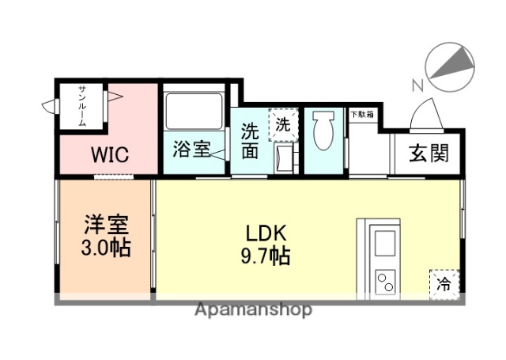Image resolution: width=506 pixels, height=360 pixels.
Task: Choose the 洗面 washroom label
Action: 251,140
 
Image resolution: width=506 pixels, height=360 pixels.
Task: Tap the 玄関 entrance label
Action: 428,152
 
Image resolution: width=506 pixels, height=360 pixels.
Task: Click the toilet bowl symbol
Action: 323,131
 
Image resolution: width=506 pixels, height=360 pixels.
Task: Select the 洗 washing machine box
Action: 282,123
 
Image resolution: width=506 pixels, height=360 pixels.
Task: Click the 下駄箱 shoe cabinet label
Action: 363,115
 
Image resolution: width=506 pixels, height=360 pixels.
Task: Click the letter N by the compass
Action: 417,85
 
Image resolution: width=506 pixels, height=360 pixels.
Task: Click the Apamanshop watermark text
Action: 253,309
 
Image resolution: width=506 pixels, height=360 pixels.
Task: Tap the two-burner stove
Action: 385,280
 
